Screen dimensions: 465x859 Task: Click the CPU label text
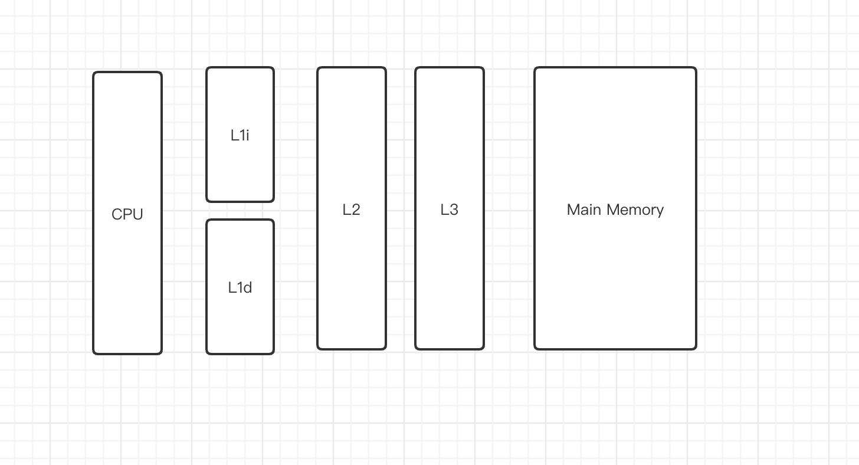pos(127,214)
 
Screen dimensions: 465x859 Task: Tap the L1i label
pos(240,135)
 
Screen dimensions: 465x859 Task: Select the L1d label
pos(240,287)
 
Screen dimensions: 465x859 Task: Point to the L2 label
pos(351,209)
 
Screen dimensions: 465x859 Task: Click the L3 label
pos(449,209)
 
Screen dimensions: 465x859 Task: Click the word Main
pos(583,209)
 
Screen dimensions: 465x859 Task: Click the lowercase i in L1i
pos(247,135)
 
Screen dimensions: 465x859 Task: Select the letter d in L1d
pos(247,287)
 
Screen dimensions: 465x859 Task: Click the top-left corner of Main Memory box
pos(536,68)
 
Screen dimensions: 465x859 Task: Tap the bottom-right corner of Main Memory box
pos(695,348)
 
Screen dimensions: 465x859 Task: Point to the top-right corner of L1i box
pos(273,68)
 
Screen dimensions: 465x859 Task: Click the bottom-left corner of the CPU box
pos(94,353)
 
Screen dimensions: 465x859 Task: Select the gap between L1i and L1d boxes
pos(240,211)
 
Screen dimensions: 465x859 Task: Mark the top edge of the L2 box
pos(351,68)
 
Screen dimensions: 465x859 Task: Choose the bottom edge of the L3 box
pos(449,349)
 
